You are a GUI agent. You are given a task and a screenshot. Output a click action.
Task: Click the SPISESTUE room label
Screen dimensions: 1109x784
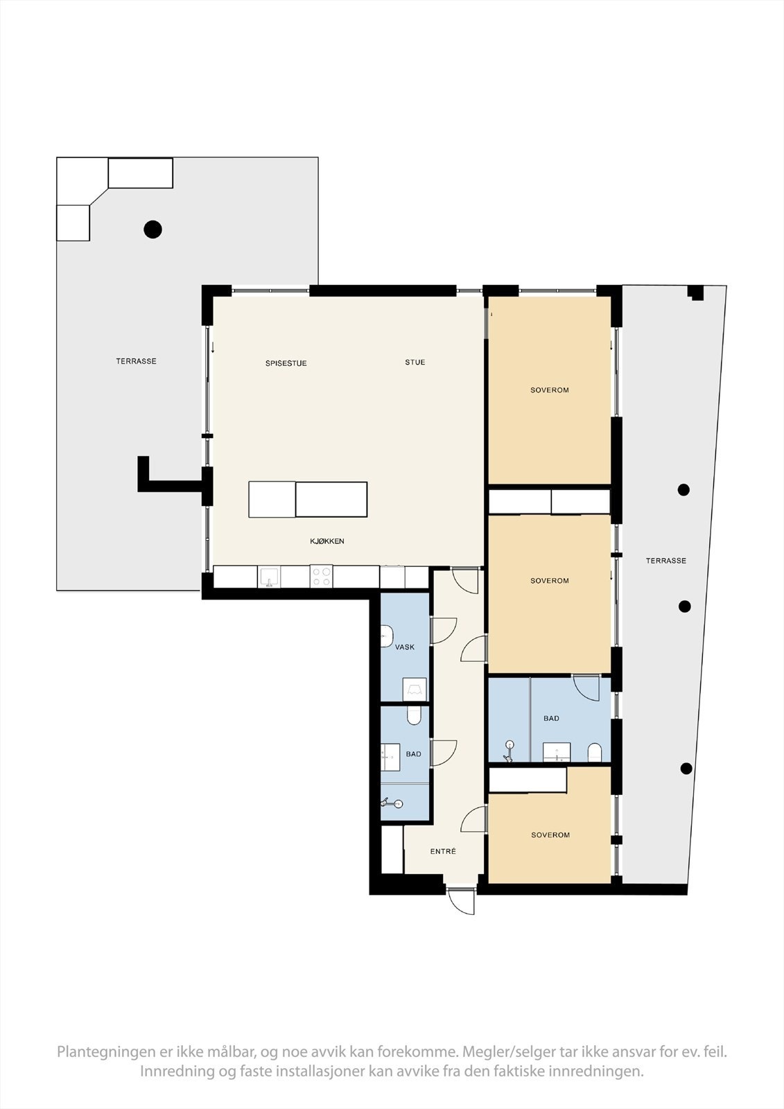click(286, 363)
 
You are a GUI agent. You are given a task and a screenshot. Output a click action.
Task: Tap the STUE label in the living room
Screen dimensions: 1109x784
click(415, 363)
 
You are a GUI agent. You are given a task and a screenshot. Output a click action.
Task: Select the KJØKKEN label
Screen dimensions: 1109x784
click(327, 541)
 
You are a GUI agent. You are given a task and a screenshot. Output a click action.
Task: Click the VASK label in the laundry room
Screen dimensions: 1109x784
click(405, 647)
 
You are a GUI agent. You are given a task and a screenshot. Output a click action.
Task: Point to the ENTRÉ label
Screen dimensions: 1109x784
click(443, 851)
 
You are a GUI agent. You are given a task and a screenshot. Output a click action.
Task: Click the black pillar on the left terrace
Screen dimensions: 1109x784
click(153, 229)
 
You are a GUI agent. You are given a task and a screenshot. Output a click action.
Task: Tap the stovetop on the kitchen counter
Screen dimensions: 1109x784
click(322, 577)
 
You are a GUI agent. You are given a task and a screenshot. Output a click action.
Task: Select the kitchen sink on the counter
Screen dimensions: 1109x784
click(269, 577)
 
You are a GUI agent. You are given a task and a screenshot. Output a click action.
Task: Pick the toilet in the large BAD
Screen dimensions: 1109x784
click(595, 753)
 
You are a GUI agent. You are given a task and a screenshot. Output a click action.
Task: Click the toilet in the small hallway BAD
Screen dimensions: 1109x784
click(414, 715)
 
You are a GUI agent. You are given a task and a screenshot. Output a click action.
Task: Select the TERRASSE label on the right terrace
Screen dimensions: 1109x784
click(666, 561)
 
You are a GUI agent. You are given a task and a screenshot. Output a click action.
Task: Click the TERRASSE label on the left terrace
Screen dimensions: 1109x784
click(136, 361)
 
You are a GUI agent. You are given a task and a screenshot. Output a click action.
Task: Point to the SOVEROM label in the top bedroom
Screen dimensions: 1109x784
click(550, 390)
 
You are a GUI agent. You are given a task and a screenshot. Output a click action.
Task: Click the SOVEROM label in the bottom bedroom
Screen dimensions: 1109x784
click(550, 835)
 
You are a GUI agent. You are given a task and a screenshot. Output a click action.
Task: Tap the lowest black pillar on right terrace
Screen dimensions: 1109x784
click(686, 768)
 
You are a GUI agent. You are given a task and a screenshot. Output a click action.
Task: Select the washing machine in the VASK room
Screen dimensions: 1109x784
click(415, 690)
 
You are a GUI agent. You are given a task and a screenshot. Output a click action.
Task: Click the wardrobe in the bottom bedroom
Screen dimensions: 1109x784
click(528, 780)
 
